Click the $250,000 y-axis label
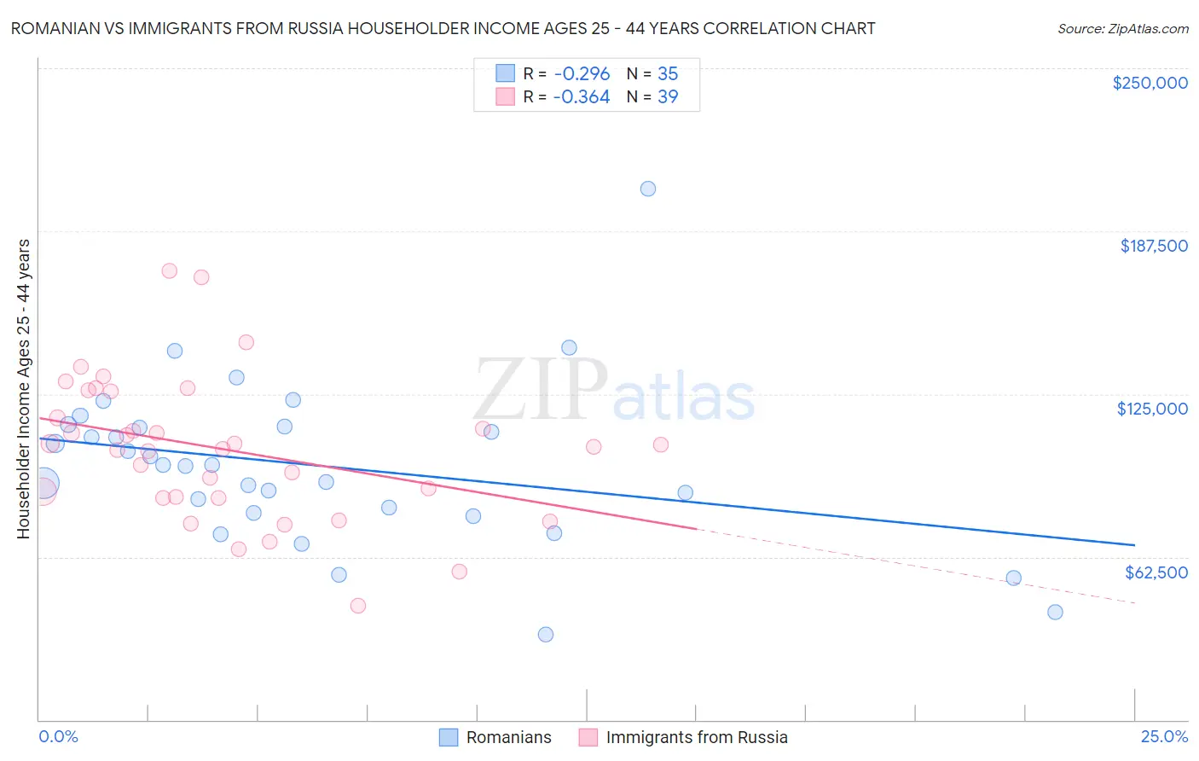(x=1150, y=83)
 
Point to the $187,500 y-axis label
(x=1153, y=246)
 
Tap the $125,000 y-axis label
(x=1152, y=409)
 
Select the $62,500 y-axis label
(x=1156, y=572)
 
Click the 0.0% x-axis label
(x=58, y=736)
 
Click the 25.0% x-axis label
(x=1164, y=736)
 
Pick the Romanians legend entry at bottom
(x=495, y=737)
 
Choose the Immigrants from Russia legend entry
(x=683, y=737)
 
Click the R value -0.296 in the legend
(x=582, y=73)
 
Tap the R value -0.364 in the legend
(x=582, y=96)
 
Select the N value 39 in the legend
(x=668, y=96)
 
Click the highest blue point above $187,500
(x=648, y=189)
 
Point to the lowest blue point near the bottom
(x=546, y=634)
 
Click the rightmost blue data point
(x=1055, y=612)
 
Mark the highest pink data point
(x=169, y=270)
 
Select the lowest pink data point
(x=358, y=605)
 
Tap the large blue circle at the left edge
(x=43, y=484)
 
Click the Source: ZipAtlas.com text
(x=1122, y=28)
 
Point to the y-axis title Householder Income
(x=23, y=388)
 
